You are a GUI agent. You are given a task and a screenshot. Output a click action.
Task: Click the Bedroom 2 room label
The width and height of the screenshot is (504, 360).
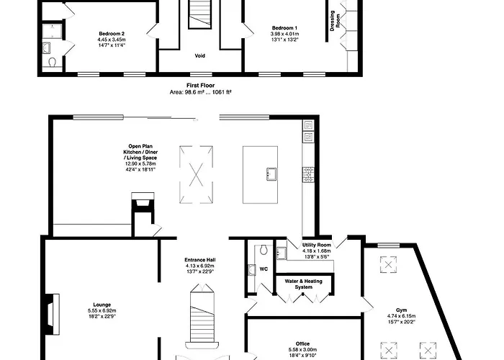point(112,34)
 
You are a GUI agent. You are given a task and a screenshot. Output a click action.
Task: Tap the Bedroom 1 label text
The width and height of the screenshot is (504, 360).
point(284,28)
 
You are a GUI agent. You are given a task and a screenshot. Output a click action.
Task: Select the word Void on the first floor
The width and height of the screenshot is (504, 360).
point(200,56)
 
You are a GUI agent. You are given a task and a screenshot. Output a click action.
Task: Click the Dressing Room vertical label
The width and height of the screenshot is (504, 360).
point(335,21)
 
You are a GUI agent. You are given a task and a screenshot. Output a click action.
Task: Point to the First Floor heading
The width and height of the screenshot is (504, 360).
point(201,86)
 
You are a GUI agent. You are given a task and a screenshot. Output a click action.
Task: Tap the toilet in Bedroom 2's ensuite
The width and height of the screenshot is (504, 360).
point(52,62)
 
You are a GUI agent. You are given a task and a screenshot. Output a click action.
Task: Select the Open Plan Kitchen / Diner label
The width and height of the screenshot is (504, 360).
point(140,152)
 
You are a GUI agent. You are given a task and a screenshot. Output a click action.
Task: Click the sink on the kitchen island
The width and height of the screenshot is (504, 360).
point(271,174)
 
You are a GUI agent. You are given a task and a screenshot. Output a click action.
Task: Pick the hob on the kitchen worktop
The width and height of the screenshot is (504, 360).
point(308,174)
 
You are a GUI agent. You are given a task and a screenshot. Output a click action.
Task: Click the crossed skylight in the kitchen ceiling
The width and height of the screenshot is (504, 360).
point(196,174)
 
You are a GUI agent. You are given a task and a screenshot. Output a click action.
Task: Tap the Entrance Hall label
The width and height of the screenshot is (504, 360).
point(200,260)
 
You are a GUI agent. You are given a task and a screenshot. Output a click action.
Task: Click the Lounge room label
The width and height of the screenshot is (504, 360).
point(102,305)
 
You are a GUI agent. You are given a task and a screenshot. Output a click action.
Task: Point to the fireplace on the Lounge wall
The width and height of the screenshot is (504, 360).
point(51,315)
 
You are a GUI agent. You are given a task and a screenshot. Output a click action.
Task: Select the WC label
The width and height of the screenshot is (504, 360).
point(264,269)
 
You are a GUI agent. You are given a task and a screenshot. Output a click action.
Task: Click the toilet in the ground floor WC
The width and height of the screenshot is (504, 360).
point(264,250)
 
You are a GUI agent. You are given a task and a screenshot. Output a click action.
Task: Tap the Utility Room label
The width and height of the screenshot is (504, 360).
point(317,246)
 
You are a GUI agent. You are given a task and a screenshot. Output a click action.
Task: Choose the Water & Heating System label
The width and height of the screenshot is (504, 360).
point(303,284)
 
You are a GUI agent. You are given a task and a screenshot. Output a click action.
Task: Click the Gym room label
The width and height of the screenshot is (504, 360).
point(402,310)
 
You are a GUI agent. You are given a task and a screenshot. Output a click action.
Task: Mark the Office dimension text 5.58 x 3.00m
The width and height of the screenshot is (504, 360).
point(302,350)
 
